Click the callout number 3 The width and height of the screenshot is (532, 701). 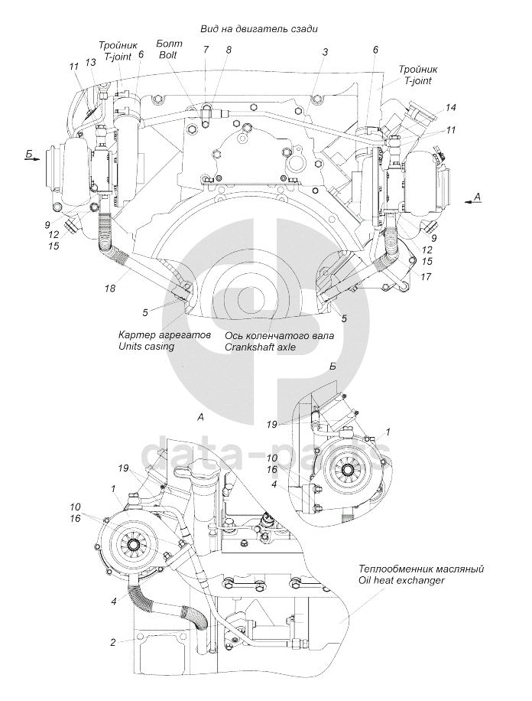325,53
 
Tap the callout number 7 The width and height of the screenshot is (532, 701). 206,50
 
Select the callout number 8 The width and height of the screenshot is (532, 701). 229,50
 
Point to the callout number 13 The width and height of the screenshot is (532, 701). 90,64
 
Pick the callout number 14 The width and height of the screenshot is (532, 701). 450,107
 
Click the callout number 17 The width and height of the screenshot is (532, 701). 426,277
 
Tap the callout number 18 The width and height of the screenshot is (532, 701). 110,289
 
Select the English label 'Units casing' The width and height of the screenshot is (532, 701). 147,346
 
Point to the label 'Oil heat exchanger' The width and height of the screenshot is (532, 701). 401,580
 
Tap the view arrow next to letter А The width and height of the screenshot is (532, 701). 472,203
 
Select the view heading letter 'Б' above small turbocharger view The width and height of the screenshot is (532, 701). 332,366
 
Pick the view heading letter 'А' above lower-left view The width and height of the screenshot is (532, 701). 200,417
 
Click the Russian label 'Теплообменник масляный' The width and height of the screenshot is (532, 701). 420,569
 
